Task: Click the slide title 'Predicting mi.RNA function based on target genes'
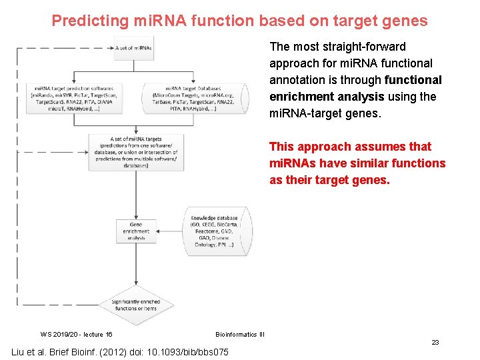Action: [239, 21]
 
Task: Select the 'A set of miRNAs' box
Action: [134, 48]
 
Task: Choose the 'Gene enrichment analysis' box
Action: [136, 231]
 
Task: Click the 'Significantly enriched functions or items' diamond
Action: [136, 305]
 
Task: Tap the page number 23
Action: [435, 342]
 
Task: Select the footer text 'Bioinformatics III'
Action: [240, 334]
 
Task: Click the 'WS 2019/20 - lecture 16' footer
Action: [76, 334]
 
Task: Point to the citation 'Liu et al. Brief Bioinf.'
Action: [67, 352]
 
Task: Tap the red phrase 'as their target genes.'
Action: [329, 180]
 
